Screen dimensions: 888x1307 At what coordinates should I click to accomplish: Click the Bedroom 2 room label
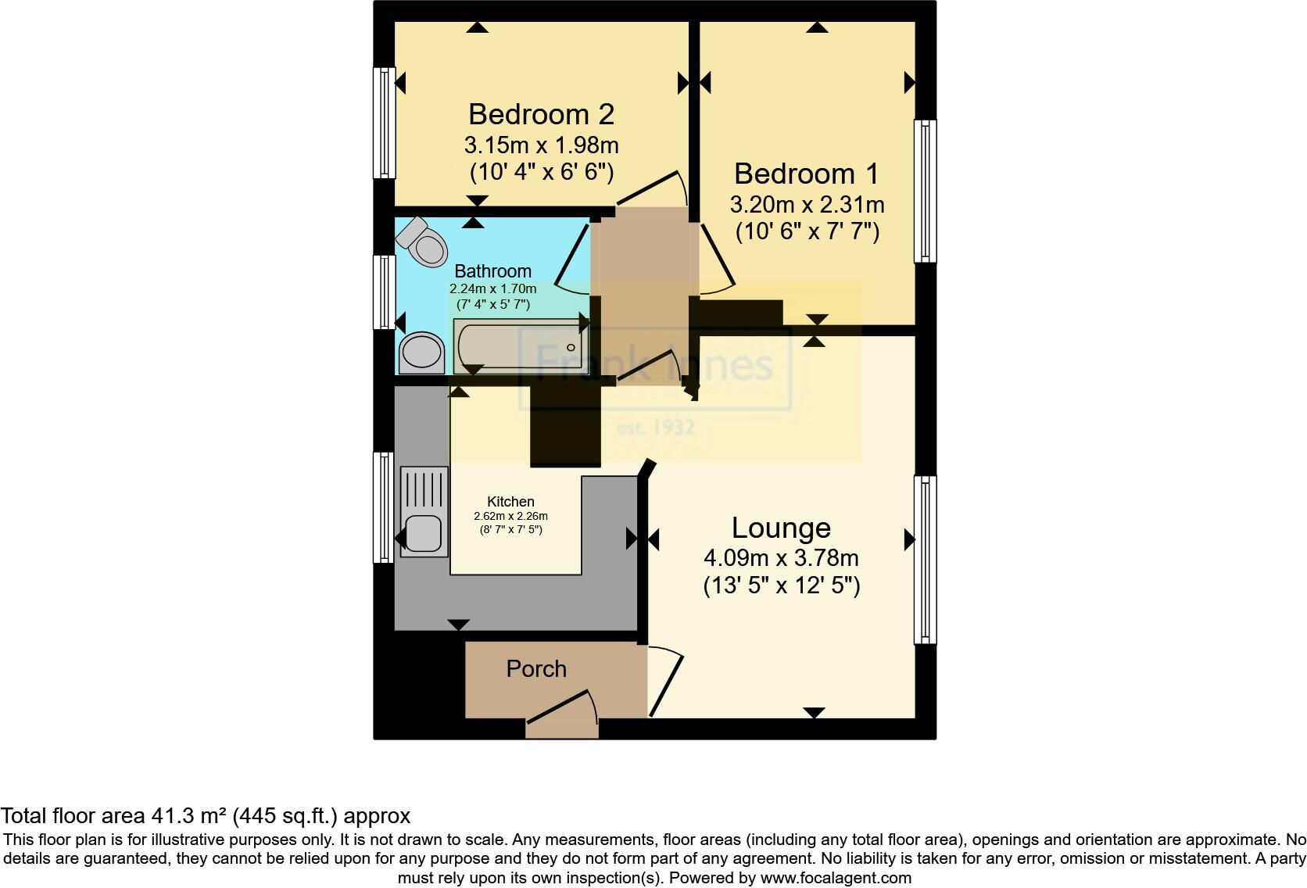click(x=541, y=115)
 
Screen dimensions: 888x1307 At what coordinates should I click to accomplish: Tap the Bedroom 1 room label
click(x=806, y=174)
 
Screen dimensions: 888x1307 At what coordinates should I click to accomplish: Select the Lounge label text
click(x=781, y=528)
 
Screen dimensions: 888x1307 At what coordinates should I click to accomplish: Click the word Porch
click(x=536, y=669)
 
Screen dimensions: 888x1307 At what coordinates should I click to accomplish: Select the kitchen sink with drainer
click(x=424, y=511)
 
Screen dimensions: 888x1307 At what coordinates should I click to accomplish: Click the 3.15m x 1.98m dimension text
click(x=541, y=145)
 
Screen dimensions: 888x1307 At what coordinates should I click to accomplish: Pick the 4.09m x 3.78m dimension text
click(x=781, y=558)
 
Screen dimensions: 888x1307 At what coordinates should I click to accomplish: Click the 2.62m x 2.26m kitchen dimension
click(x=510, y=516)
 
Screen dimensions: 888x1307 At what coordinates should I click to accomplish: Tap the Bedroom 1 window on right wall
click(x=925, y=191)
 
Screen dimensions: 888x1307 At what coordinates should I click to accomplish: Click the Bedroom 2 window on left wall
click(x=383, y=123)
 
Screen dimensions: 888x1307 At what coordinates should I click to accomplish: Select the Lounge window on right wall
click(x=925, y=559)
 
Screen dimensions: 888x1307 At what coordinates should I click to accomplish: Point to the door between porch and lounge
click(x=664, y=680)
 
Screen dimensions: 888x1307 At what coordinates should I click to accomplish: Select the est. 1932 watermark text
click(x=655, y=428)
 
